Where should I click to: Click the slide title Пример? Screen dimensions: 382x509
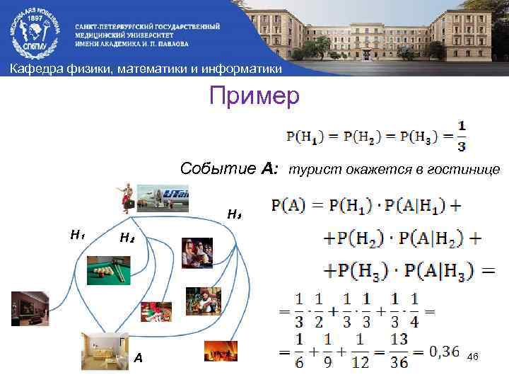[254, 95]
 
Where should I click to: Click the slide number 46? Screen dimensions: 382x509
[473, 357]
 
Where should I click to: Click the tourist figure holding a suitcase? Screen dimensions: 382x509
[128, 197]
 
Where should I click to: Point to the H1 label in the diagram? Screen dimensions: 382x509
[77, 233]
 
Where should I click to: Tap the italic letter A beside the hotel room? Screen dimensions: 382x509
[139, 359]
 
